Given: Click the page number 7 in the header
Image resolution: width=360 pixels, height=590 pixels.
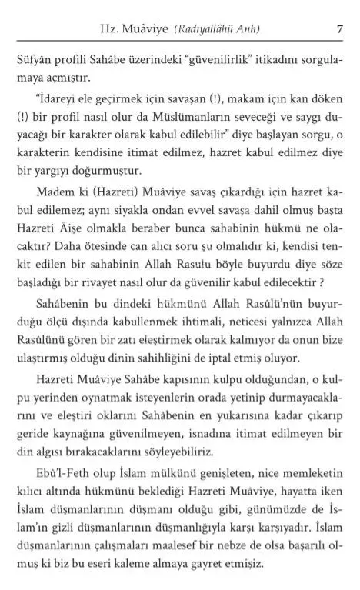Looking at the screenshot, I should (339, 30).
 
